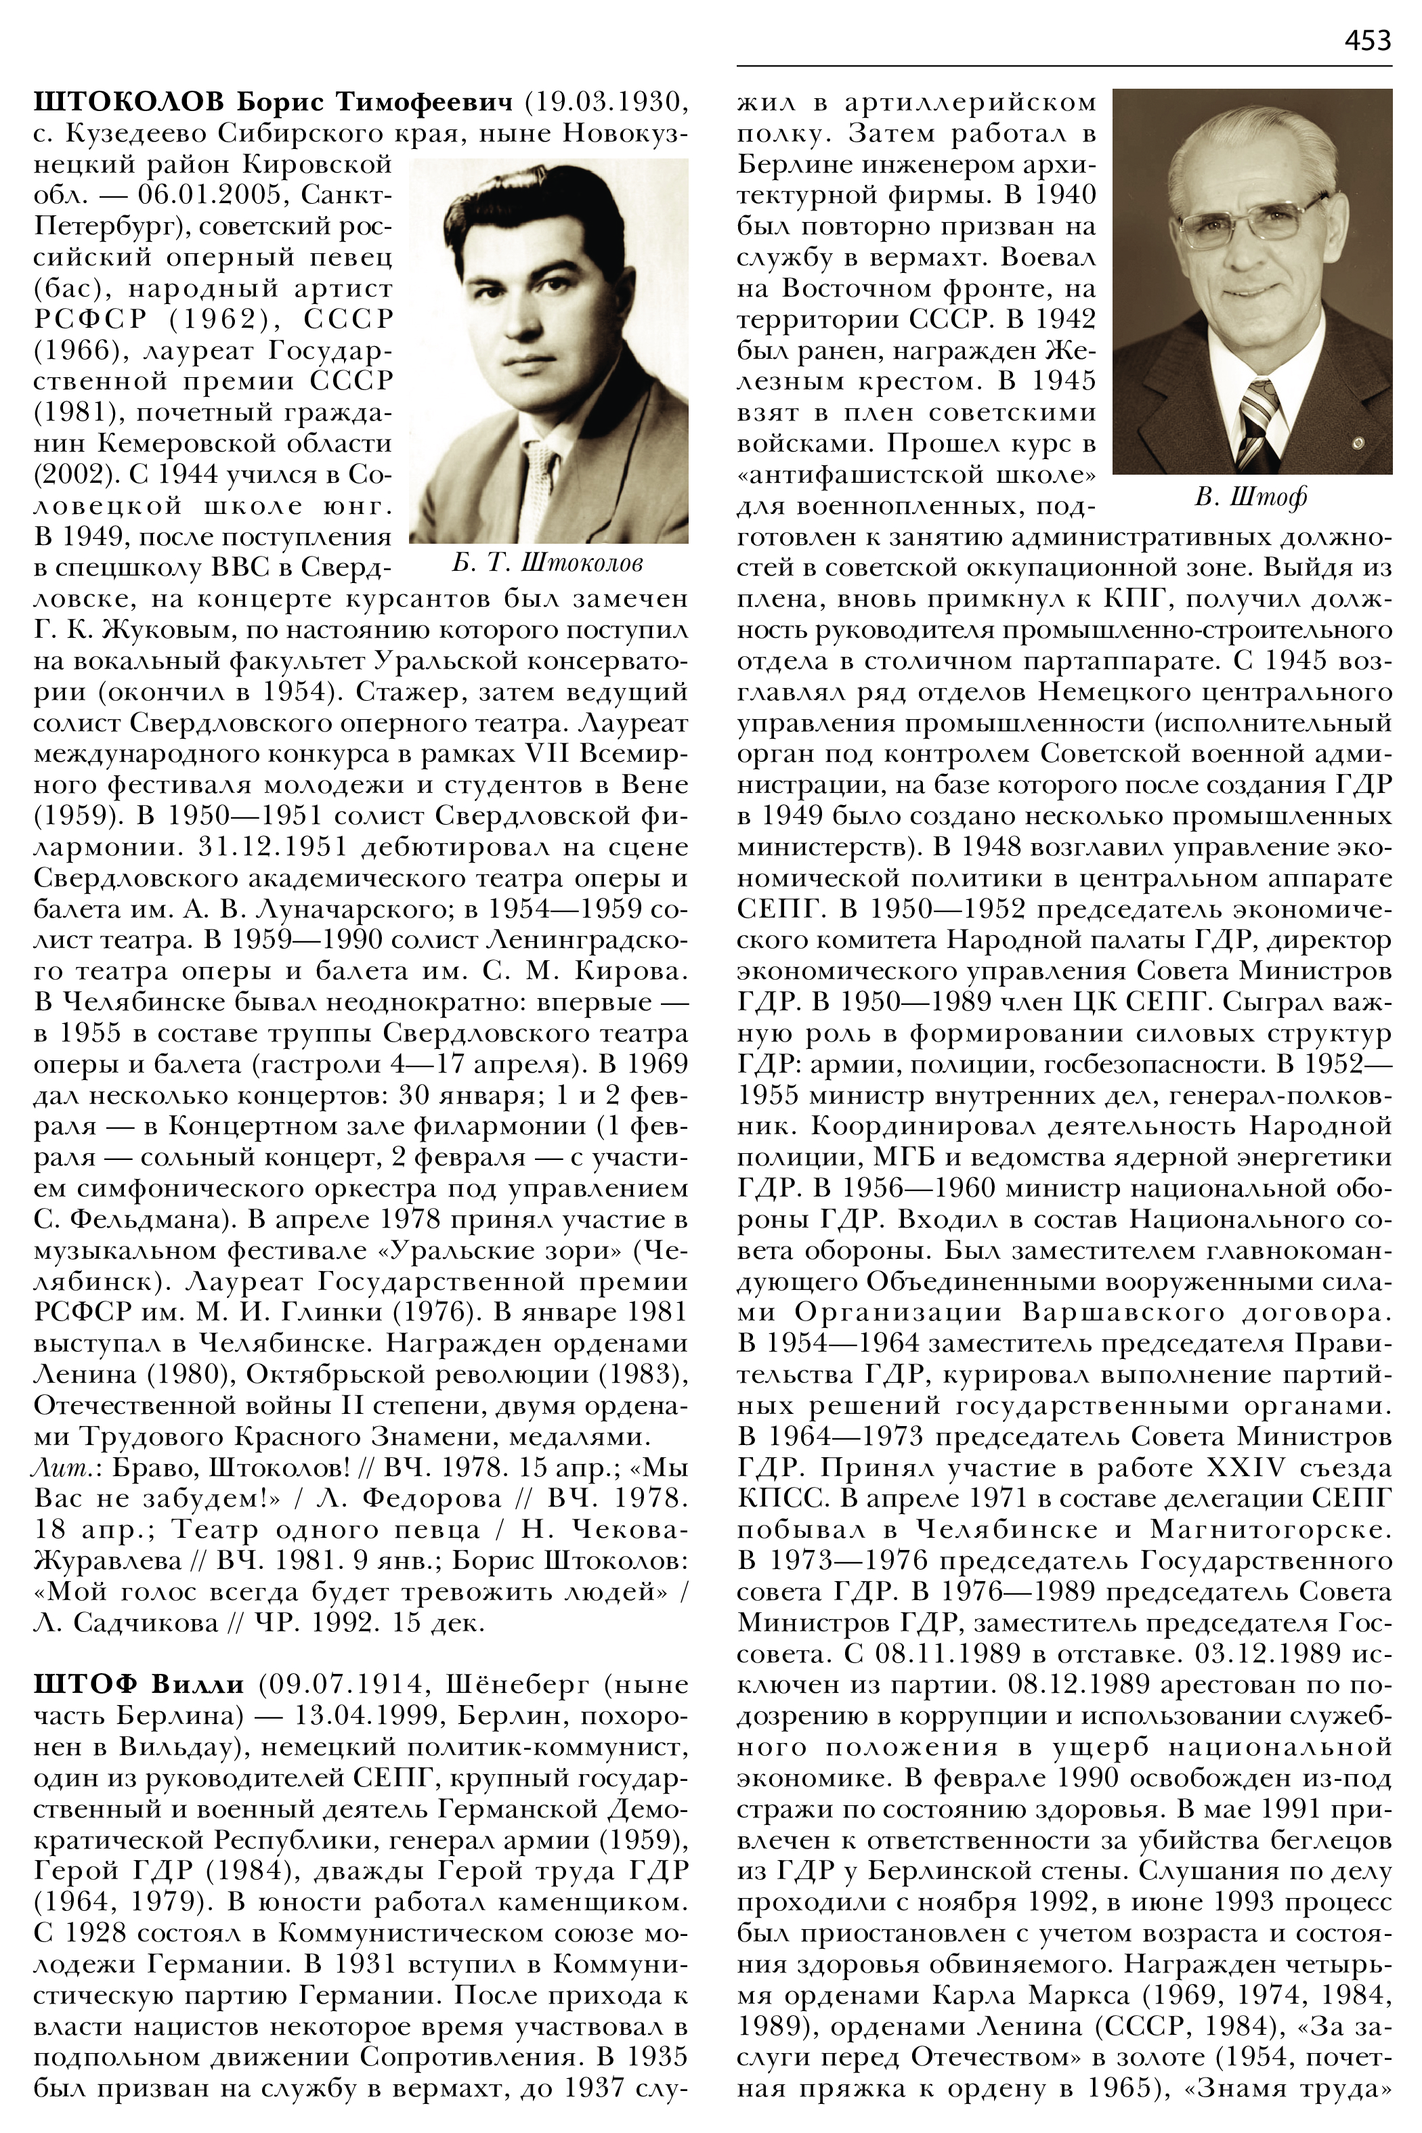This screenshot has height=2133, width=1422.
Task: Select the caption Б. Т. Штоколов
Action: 547,563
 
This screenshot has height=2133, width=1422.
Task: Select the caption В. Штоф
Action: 1251,497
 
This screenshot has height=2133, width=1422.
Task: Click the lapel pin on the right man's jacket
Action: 1357,444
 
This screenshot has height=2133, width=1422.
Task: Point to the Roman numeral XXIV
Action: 1249,1467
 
